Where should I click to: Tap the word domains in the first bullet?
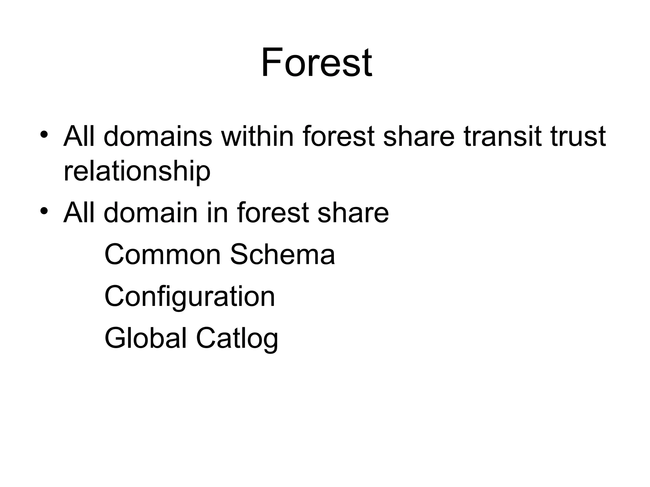[158, 137]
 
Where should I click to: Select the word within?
[257, 137]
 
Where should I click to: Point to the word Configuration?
[189, 297]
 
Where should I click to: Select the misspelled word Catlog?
[237, 339]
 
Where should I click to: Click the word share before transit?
[419, 137]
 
